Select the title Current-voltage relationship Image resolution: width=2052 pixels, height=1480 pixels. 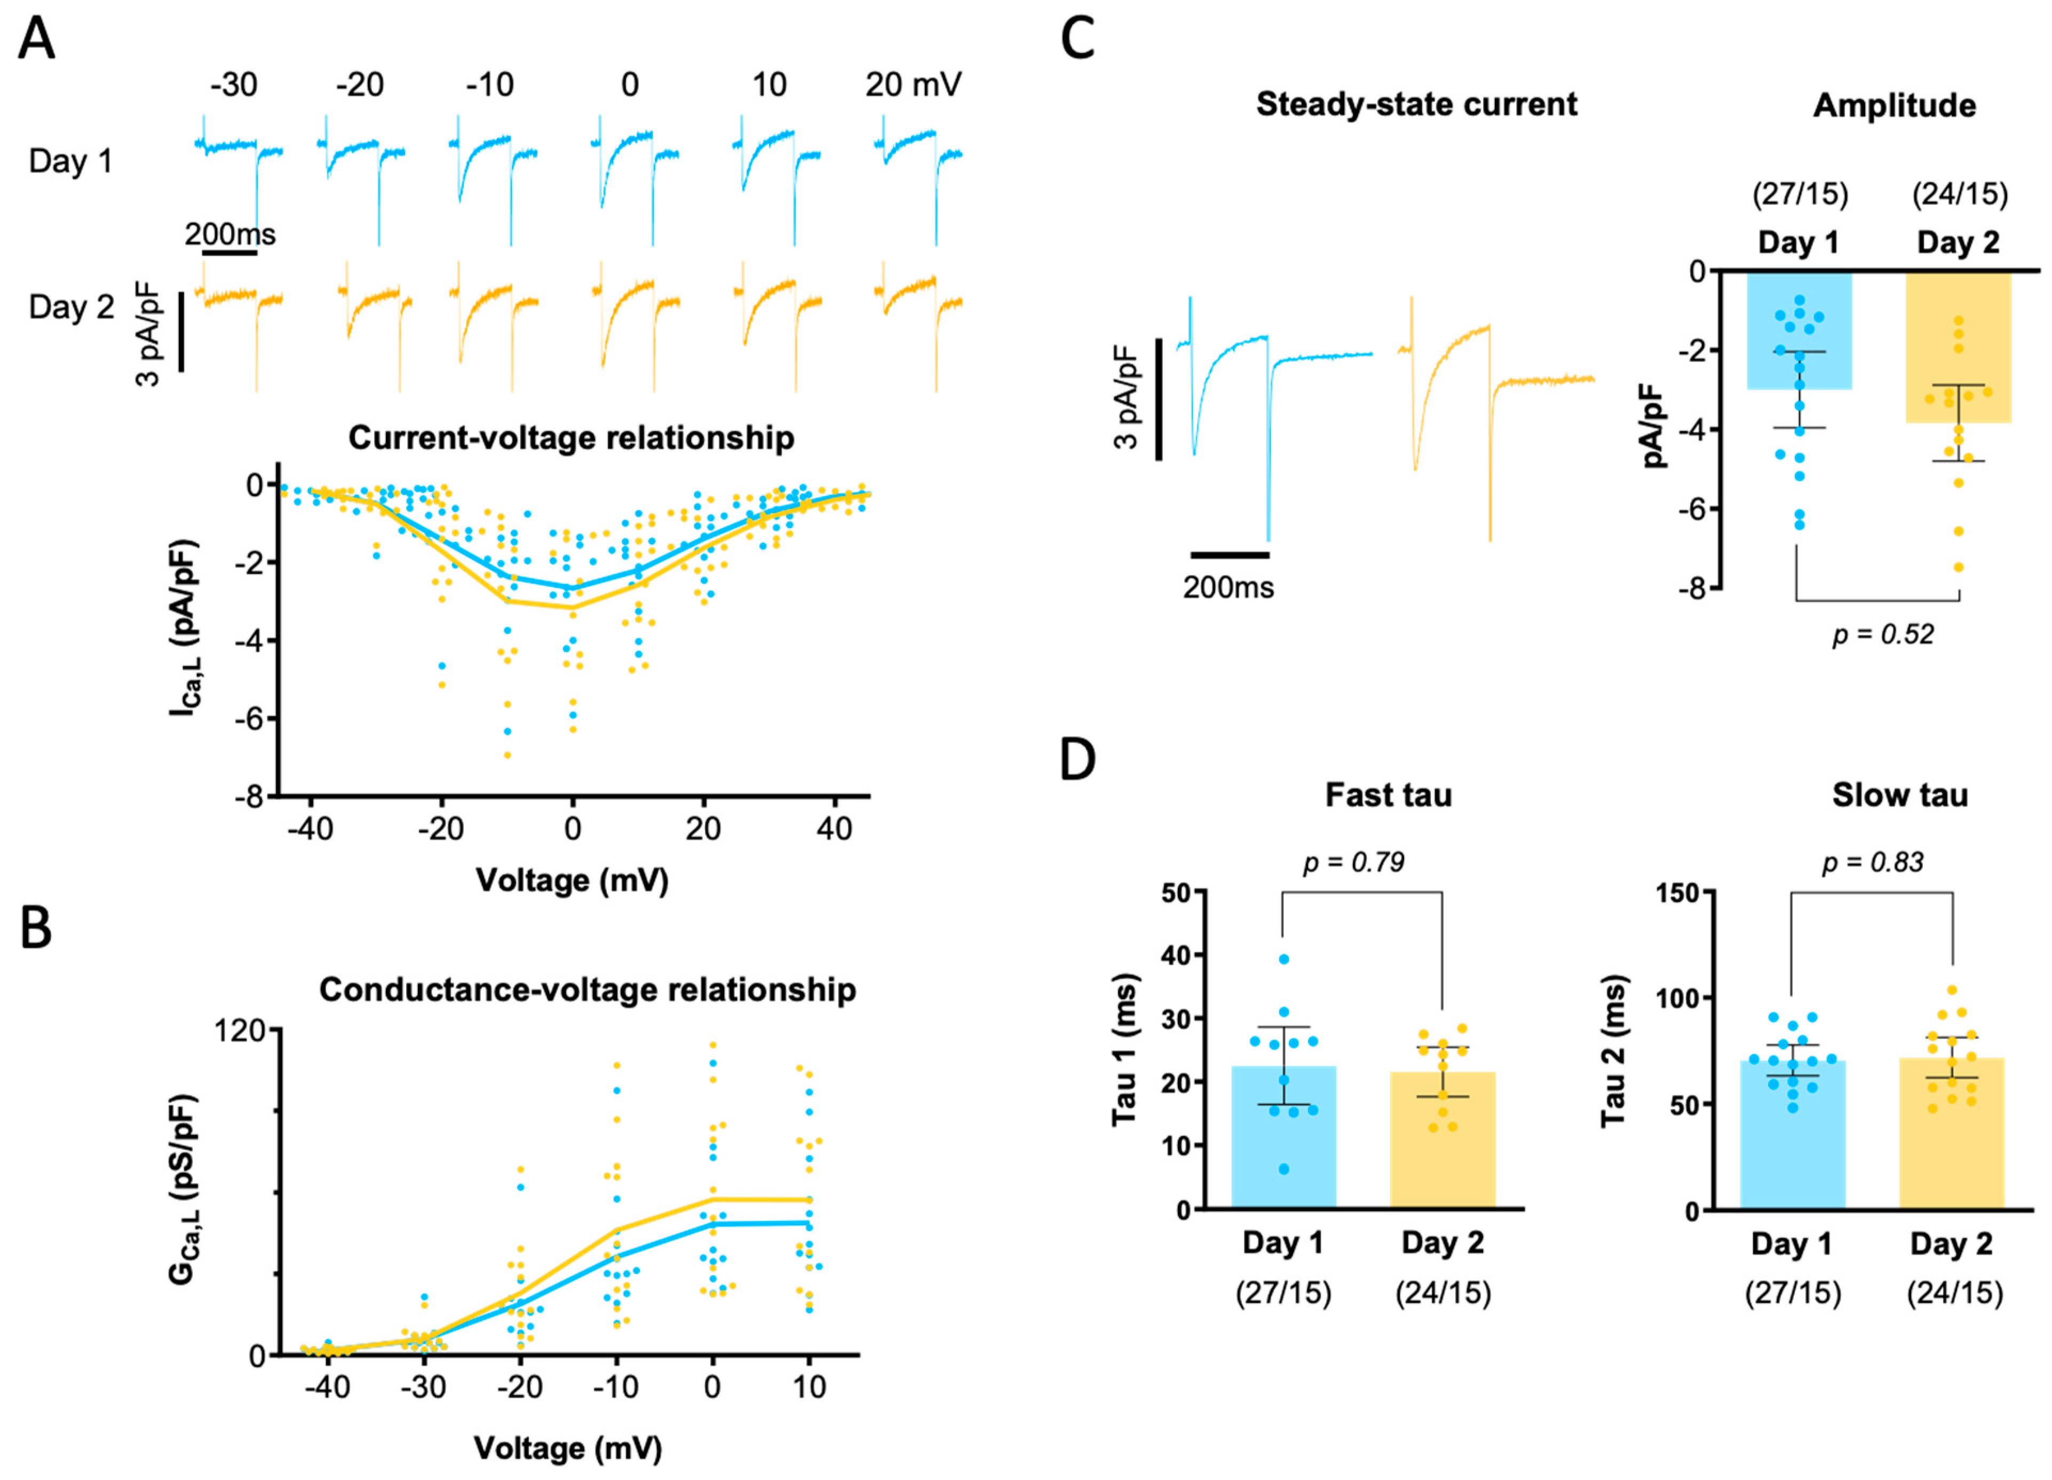(x=571, y=438)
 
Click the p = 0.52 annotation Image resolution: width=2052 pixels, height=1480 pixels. (x=1883, y=634)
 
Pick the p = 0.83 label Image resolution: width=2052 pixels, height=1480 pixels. (x=1872, y=862)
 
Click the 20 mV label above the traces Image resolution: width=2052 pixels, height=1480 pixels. (x=913, y=85)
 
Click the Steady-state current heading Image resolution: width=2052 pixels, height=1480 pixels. (x=1416, y=105)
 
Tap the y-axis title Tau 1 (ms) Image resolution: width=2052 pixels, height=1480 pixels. (x=1124, y=1050)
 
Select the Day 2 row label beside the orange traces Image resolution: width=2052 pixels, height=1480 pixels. (x=72, y=307)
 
